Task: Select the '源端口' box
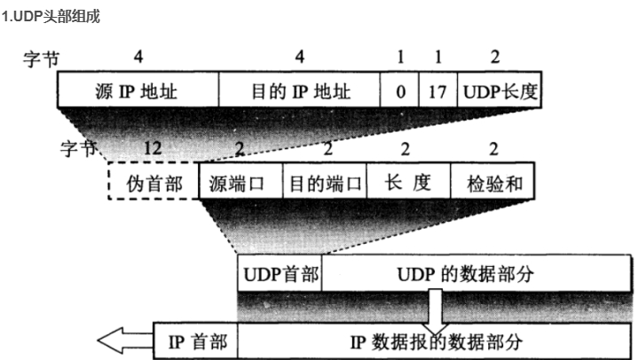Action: click(x=239, y=184)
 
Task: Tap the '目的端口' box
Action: click(x=324, y=184)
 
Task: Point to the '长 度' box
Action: click(x=408, y=184)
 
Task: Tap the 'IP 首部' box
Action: click(x=196, y=339)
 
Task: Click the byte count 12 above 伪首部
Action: click(x=153, y=148)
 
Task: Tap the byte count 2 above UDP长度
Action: click(x=494, y=57)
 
